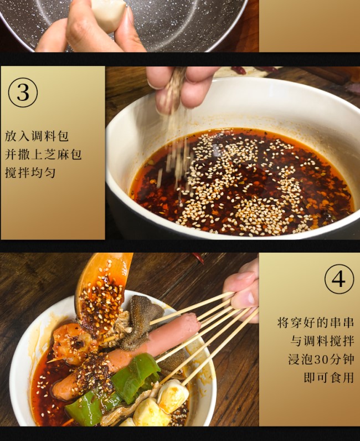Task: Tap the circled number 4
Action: pos(338,280)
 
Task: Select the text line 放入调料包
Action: pos(37,136)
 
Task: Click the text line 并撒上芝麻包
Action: pos(43,155)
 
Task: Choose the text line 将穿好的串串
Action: pos(315,322)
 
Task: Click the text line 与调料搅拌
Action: pos(322,341)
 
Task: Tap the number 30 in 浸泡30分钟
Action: pos(322,359)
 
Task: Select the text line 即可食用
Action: pos(329,377)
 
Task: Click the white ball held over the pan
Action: pos(109,14)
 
